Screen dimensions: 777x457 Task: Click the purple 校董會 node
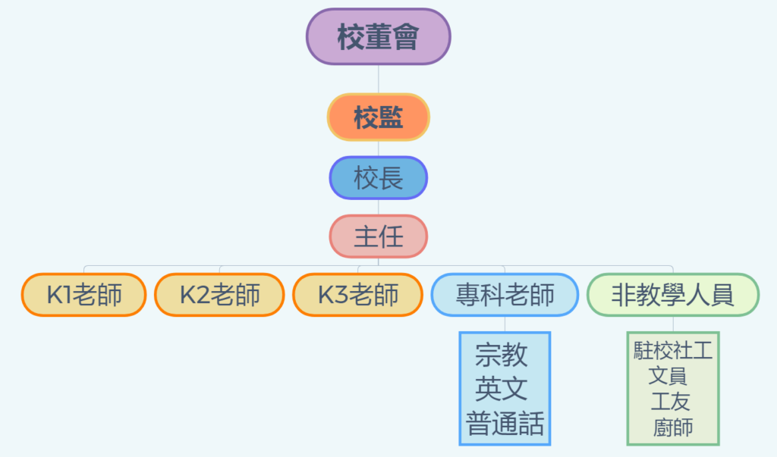[x=378, y=36]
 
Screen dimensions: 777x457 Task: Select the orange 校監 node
[x=378, y=117]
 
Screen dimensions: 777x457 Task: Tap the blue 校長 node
[x=378, y=178]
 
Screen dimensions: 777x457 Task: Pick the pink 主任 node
[x=378, y=236]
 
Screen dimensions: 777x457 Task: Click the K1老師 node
[x=83, y=295]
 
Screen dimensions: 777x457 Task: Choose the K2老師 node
[x=219, y=295]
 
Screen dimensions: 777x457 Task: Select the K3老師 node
[x=358, y=295]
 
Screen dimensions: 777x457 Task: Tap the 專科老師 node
[x=505, y=295]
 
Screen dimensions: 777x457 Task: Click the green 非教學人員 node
[x=673, y=295]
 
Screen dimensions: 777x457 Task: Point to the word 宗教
[x=502, y=355]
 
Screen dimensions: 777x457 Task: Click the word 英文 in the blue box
[x=502, y=389]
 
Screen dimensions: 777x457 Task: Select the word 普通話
[x=505, y=424]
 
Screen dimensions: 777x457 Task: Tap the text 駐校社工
[x=673, y=351]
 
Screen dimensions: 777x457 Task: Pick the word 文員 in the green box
[x=668, y=376]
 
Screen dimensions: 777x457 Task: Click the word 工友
[x=671, y=402]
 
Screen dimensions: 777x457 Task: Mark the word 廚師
[x=673, y=427]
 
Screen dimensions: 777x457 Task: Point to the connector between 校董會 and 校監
[x=378, y=80]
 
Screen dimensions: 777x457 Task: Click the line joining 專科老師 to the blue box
[x=505, y=324]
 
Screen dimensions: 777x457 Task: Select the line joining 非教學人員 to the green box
[x=673, y=324]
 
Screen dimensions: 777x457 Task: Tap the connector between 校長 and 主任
[x=378, y=207]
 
